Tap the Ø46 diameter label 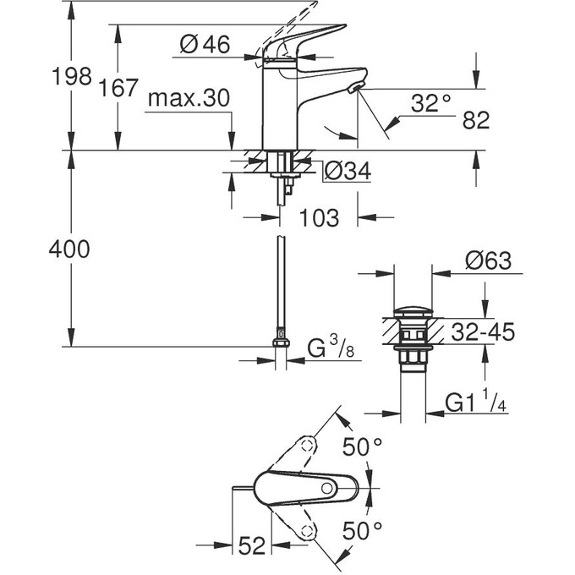click(x=205, y=45)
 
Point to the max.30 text click(x=188, y=98)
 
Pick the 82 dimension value click(x=477, y=120)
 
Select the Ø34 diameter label click(x=348, y=172)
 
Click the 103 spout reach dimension click(x=319, y=217)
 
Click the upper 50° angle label click(x=370, y=447)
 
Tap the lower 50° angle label click(x=370, y=531)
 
